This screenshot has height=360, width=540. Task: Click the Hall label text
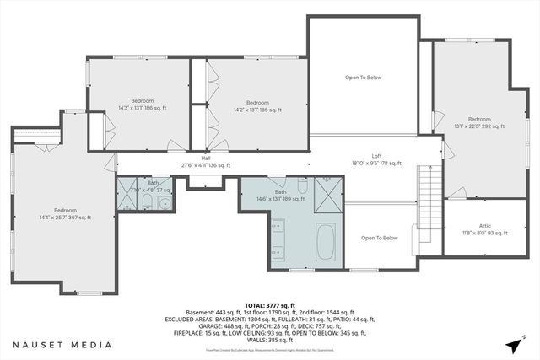[x=205, y=161]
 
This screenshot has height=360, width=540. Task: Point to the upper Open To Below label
[x=363, y=78]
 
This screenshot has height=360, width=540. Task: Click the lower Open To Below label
[x=379, y=238]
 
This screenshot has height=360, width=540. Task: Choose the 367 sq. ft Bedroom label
[x=65, y=213]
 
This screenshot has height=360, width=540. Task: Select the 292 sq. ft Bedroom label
[x=478, y=123]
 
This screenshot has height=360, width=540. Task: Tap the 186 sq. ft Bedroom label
[x=143, y=105]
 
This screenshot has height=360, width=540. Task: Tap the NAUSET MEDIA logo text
[x=62, y=345]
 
